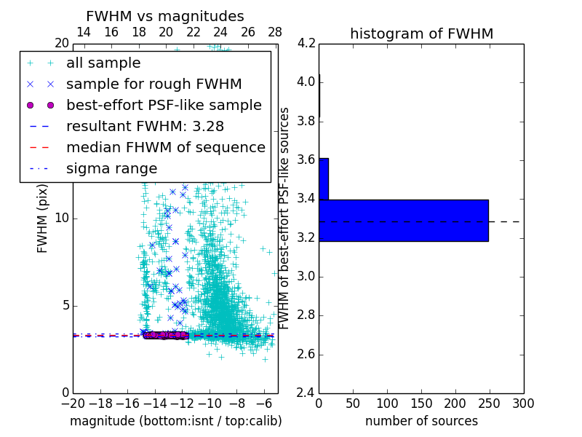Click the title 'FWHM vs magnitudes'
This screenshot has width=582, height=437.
(x=164, y=16)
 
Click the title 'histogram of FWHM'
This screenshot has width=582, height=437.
(x=421, y=34)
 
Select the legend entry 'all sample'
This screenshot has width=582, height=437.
(x=103, y=63)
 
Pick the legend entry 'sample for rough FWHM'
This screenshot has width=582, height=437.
(x=154, y=84)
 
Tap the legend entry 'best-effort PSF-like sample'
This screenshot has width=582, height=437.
(x=164, y=105)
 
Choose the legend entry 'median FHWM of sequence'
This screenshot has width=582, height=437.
(x=165, y=147)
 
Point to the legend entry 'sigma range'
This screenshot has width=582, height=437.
(x=111, y=168)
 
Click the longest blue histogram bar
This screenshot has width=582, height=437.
(x=403, y=220)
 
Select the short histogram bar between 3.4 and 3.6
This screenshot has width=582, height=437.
(x=324, y=178)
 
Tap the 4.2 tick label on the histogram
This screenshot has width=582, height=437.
(x=307, y=43)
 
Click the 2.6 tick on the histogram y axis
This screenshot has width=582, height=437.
(x=307, y=354)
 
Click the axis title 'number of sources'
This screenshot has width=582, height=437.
(x=421, y=421)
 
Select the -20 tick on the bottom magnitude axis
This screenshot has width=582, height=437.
(x=73, y=403)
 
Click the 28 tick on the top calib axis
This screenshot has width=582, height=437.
(x=275, y=32)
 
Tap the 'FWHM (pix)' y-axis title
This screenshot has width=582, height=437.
(x=43, y=219)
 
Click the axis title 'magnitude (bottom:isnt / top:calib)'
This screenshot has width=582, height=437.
(x=175, y=421)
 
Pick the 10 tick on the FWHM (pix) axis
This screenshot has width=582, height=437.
(x=63, y=219)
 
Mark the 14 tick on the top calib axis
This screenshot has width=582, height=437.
(x=84, y=32)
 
